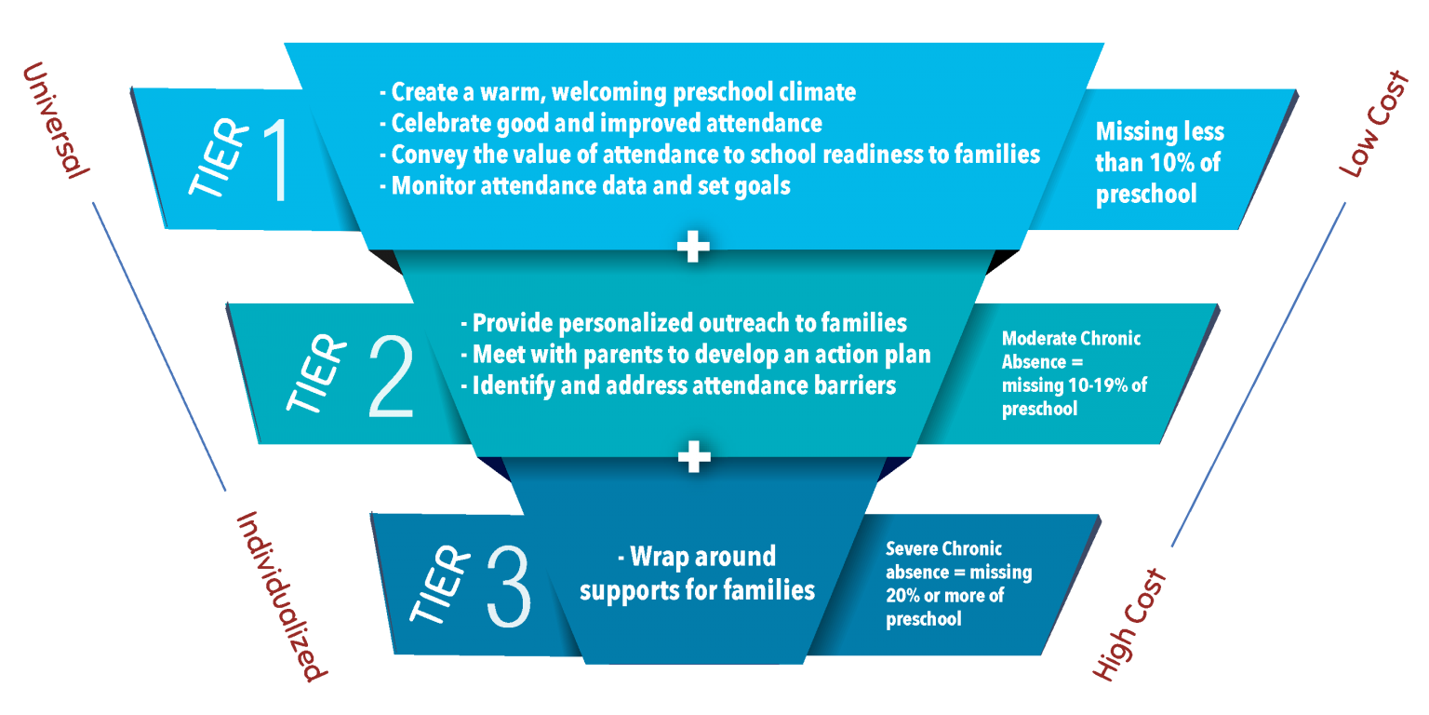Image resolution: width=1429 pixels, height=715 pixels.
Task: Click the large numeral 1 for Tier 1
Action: pyautogui.click(x=276, y=160)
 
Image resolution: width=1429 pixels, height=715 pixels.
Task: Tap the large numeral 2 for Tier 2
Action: pyautogui.click(x=391, y=377)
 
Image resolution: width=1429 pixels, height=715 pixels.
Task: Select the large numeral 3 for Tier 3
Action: pyautogui.click(x=509, y=586)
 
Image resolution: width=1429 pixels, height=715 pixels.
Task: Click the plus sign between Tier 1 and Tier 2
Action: pyautogui.click(x=693, y=247)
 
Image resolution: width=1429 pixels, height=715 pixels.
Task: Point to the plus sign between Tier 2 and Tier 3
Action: pyautogui.click(x=694, y=456)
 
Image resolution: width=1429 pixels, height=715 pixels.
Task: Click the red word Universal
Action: pyautogui.click(x=56, y=121)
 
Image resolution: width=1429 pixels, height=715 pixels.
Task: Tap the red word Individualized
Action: pyautogui.click(x=281, y=597)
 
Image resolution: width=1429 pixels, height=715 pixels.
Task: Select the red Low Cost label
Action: pyautogui.click(x=1373, y=124)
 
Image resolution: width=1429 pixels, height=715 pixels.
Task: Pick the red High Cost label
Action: pyautogui.click(x=1129, y=625)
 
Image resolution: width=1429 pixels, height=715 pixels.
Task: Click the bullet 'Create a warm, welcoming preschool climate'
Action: pyautogui.click(x=618, y=92)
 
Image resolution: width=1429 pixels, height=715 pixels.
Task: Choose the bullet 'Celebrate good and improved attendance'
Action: pyautogui.click(x=600, y=123)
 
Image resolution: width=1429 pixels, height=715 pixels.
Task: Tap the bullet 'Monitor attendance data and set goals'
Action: pyautogui.click(x=584, y=186)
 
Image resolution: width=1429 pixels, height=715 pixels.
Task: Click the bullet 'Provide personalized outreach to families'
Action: pyautogui.click(x=683, y=323)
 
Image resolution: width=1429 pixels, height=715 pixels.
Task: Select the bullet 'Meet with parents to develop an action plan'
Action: pyautogui.click(x=695, y=355)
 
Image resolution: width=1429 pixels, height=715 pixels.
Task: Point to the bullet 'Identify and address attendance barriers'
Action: pyautogui.click(x=677, y=385)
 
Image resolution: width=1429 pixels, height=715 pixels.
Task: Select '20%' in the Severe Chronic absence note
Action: pyautogui.click(x=902, y=595)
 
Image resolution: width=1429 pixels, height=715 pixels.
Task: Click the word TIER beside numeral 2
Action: pyautogui.click(x=316, y=372)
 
